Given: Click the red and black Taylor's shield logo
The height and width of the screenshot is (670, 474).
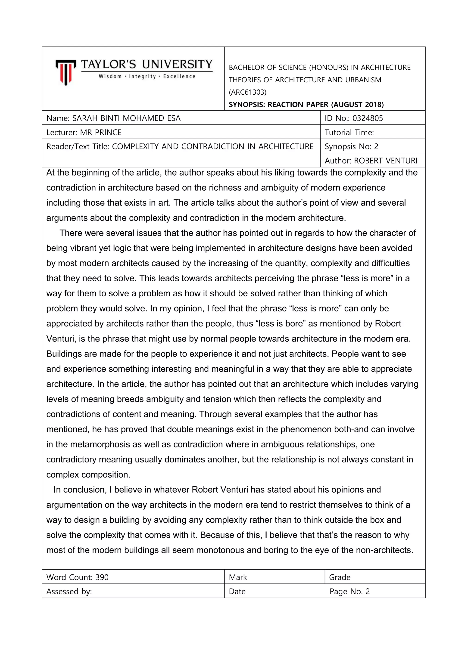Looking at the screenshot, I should pyautogui.click(x=66, y=72).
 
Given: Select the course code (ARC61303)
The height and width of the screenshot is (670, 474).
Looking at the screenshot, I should pyautogui.click(x=247, y=92).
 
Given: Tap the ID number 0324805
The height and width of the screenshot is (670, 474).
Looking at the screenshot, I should pyautogui.click(x=368, y=118).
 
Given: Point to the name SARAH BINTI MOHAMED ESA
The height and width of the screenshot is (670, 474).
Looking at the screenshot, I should pyautogui.click(x=126, y=118).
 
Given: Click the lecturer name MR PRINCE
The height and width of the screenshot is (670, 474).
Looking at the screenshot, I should pyautogui.click(x=101, y=133).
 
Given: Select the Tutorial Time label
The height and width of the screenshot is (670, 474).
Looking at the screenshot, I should pyautogui.click(x=349, y=133).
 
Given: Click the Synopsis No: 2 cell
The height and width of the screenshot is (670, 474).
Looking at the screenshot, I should pyautogui.click(x=351, y=146).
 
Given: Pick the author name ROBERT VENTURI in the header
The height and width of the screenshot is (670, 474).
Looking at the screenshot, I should pyautogui.click(x=386, y=161).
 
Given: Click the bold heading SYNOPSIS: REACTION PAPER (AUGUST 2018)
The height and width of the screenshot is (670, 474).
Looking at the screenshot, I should pyautogui.click(x=306, y=105).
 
